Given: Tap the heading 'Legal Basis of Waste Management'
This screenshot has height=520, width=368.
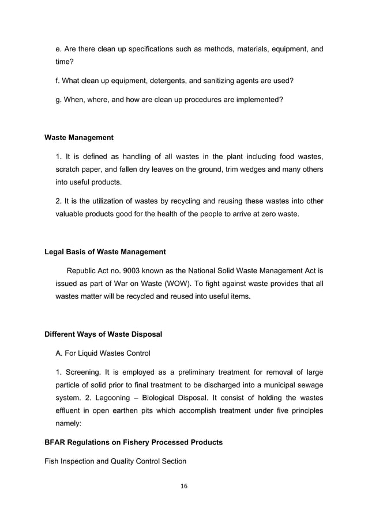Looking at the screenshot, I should tap(105, 251).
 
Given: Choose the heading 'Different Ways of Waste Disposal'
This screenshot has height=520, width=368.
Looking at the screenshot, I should tap(103, 334).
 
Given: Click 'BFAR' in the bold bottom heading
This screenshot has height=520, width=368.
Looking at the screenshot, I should tap(56, 443).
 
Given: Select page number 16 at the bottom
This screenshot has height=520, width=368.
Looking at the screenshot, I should tap(184, 486).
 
